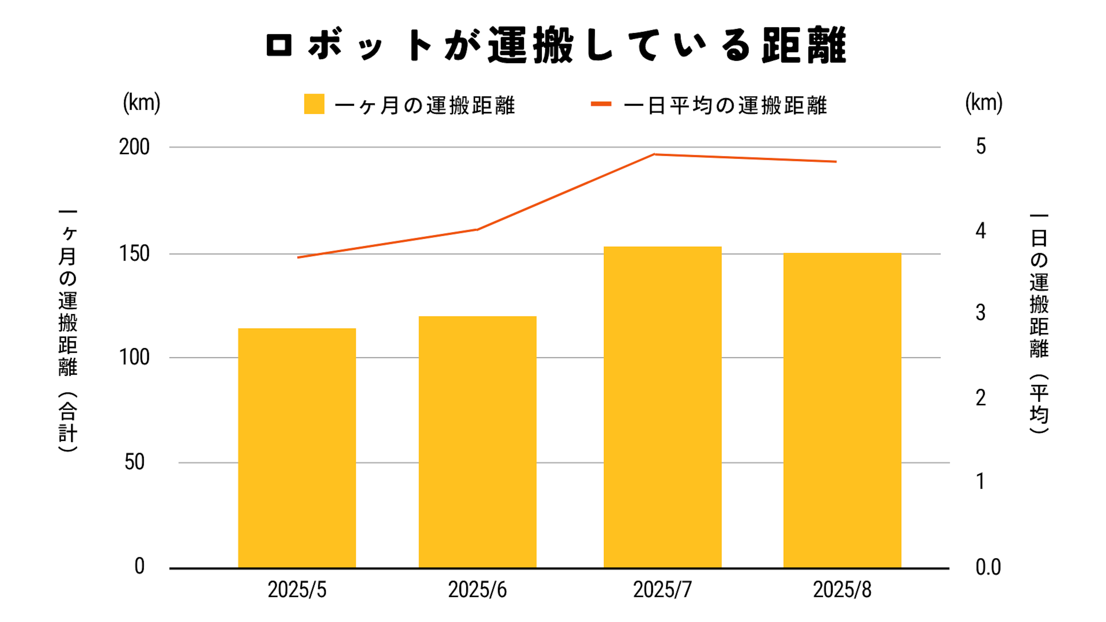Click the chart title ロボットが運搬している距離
point(556,45)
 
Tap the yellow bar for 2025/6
point(478,442)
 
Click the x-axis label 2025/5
point(297,590)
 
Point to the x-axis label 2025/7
point(662,590)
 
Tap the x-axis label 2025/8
point(842,590)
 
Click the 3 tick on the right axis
point(981,313)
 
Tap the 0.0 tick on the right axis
point(988,568)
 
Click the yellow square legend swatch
point(314,104)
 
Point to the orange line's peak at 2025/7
point(654,154)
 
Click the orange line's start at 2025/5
point(298,257)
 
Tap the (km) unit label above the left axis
point(142,103)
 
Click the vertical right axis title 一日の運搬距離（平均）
point(1039,324)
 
